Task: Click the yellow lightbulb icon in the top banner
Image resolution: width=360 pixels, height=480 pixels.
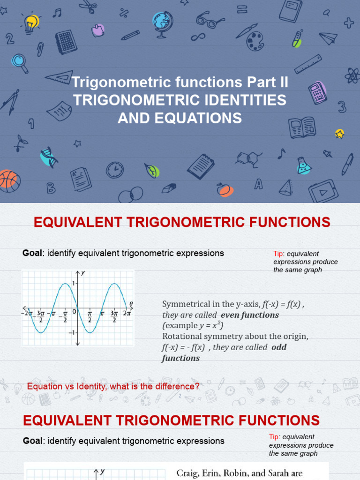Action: (x=30, y=22)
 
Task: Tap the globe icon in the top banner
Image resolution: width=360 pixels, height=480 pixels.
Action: (x=162, y=22)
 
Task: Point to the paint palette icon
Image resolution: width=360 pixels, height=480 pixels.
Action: (x=255, y=41)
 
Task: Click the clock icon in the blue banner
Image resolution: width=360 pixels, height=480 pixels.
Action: (x=115, y=170)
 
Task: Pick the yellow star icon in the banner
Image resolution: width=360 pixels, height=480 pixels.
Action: (x=340, y=134)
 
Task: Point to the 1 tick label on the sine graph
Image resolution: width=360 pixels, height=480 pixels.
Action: (x=73, y=283)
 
